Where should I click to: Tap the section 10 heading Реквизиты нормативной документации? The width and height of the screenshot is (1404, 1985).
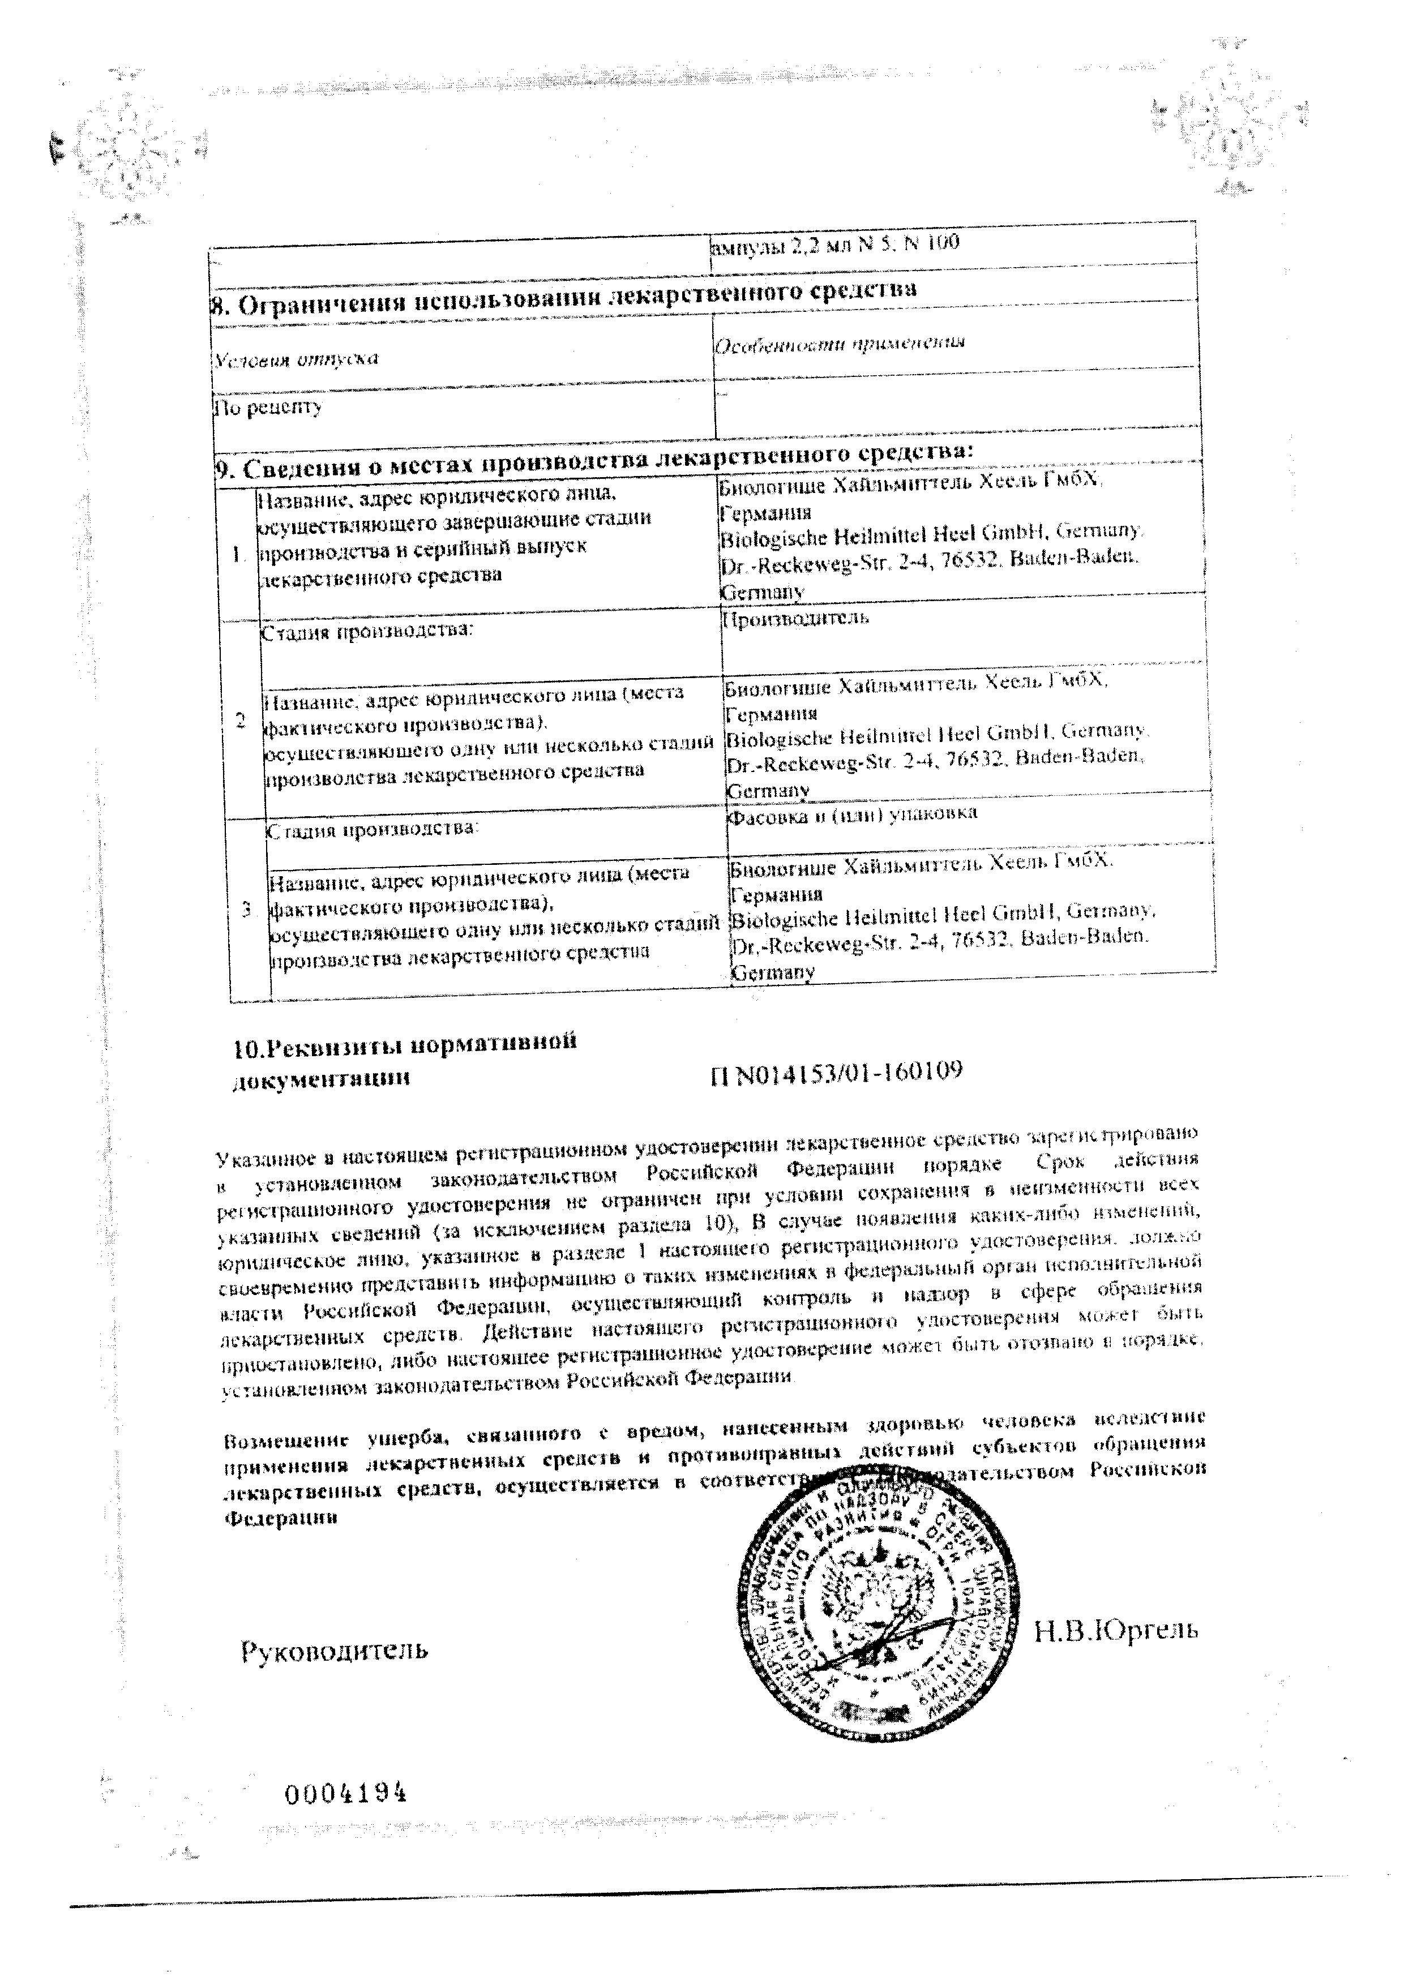[405, 1061]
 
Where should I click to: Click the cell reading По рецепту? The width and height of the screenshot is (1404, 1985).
[268, 406]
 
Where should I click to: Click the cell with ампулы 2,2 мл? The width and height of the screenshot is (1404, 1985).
[834, 244]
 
